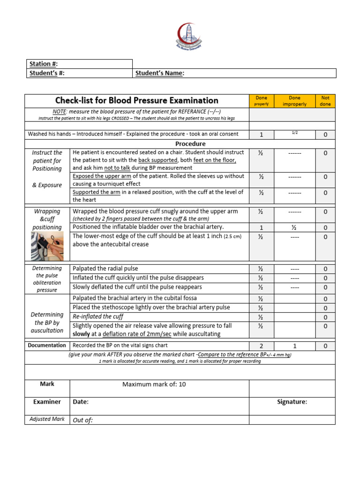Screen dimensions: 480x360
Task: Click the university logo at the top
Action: (x=190, y=35)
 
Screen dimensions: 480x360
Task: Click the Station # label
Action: (x=44, y=64)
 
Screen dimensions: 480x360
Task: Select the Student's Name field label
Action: (x=160, y=73)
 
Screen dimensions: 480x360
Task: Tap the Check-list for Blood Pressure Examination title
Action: (x=136, y=100)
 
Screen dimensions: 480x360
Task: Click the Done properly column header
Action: (x=262, y=101)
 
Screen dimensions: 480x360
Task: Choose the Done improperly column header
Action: (x=295, y=101)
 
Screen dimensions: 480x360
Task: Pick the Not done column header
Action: (x=325, y=101)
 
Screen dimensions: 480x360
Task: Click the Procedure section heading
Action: (x=190, y=143)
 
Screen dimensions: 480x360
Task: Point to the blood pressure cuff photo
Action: (x=47, y=247)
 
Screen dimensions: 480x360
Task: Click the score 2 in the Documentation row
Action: (x=262, y=346)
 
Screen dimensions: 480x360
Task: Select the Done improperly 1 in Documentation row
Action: (x=295, y=346)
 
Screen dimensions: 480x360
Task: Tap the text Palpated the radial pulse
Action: (x=105, y=269)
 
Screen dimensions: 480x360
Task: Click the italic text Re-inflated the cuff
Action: (x=98, y=317)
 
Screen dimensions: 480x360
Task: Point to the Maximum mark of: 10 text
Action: (x=154, y=384)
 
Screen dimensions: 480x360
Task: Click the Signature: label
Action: (x=292, y=402)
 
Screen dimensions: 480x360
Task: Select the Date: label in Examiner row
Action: (x=81, y=402)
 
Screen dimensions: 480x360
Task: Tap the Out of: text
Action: (x=83, y=420)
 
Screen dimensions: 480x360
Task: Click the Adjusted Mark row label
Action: (x=47, y=419)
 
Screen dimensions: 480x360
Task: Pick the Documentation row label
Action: (x=47, y=345)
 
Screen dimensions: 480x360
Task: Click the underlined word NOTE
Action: (x=59, y=111)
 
